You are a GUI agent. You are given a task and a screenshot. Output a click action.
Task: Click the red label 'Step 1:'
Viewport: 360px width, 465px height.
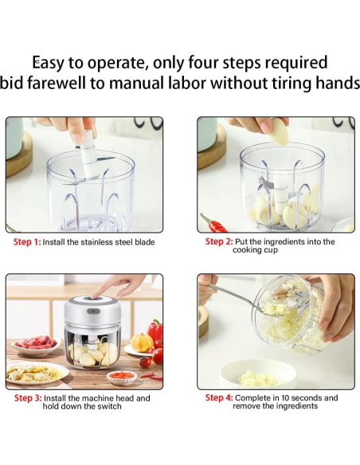pos(27,242)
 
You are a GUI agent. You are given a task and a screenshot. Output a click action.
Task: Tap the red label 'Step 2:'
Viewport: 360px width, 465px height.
pos(219,242)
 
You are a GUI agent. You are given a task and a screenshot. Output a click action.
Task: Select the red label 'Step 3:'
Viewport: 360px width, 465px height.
pos(28,398)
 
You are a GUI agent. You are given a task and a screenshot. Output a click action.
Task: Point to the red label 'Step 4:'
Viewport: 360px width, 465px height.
pos(219,397)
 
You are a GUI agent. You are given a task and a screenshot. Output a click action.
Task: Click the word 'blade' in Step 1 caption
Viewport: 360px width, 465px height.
pos(145,242)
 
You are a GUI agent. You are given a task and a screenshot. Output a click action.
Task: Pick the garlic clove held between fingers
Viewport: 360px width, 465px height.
pos(280,131)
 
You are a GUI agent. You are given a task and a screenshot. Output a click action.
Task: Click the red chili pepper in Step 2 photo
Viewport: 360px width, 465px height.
pos(214,224)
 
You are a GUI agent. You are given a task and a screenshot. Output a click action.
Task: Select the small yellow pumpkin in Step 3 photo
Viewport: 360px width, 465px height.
pos(142,342)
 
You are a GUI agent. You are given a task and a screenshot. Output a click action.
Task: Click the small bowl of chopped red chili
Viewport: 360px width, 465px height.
pos(122,377)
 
